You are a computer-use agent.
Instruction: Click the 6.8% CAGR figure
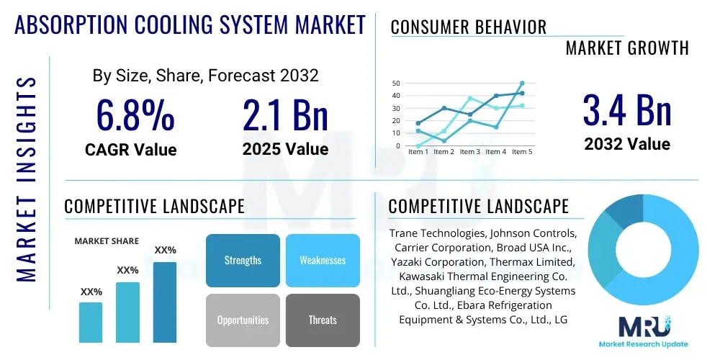(x=135, y=114)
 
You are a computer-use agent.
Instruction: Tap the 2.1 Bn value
(x=285, y=114)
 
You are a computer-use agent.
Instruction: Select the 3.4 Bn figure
(x=626, y=110)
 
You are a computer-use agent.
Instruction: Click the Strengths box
(x=243, y=261)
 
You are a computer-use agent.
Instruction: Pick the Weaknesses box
(x=323, y=261)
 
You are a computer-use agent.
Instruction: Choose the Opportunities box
(x=243, y=320)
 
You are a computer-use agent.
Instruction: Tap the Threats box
(x=323, y=320)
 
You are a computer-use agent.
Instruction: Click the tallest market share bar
(x=165, y=302)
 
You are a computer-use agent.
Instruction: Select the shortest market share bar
(x=91, y=322)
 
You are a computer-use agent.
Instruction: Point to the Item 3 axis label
(x=469, y=152)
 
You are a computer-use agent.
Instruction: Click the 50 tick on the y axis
(x=396, y=84)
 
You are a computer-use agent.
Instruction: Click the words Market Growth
(x=627, y=48)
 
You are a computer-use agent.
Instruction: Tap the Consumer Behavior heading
(x=468, y=27)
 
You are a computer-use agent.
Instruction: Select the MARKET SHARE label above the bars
(x=107, y=241)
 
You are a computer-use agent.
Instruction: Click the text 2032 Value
(x=626, y=144)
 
